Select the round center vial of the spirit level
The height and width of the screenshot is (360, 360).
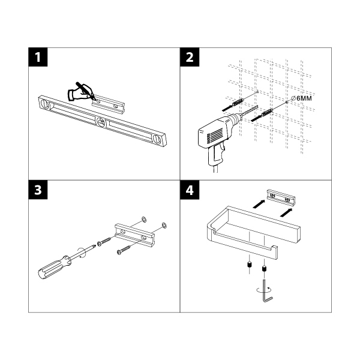100,124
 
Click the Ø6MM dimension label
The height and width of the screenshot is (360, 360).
302,97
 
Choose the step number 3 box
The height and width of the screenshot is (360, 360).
39,191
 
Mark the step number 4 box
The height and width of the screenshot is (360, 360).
190,191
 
